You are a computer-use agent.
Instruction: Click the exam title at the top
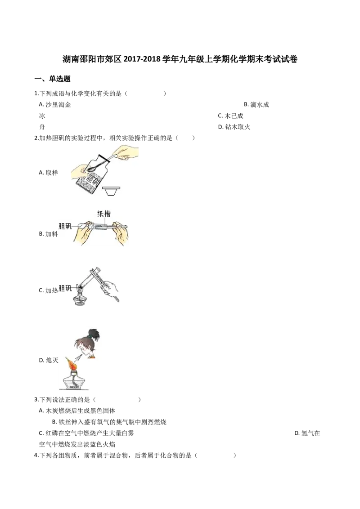(x=180, y=59)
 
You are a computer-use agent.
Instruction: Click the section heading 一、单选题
(x=52, y=79)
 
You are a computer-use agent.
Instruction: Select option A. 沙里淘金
(x=54, y=104)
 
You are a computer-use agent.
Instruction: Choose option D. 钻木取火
(x=234, y=127)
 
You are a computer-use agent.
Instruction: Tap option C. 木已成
(x=230, y=116)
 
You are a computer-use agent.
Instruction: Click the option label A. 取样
(x=48, y=173)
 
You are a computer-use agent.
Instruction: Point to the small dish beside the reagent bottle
(x=112, y=191)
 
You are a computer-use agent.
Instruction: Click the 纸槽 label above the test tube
(x=103, y=214)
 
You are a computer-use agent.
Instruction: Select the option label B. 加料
(x=48, y=234)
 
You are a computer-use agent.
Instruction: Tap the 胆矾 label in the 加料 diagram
(x=65, y=226)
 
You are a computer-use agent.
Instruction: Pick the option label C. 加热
(x=48, y=290)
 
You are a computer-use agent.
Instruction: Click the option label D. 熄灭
(x=49, y=360)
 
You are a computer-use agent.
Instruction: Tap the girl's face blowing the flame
(x=85, y=348)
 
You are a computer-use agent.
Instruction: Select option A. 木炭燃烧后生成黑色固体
(x=77, y=411)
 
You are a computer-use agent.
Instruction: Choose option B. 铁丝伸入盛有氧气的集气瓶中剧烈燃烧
(x=109, y=422)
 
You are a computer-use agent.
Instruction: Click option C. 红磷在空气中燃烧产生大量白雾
(x=86, y=433)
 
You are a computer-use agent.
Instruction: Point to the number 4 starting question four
(x=36, y=455)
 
